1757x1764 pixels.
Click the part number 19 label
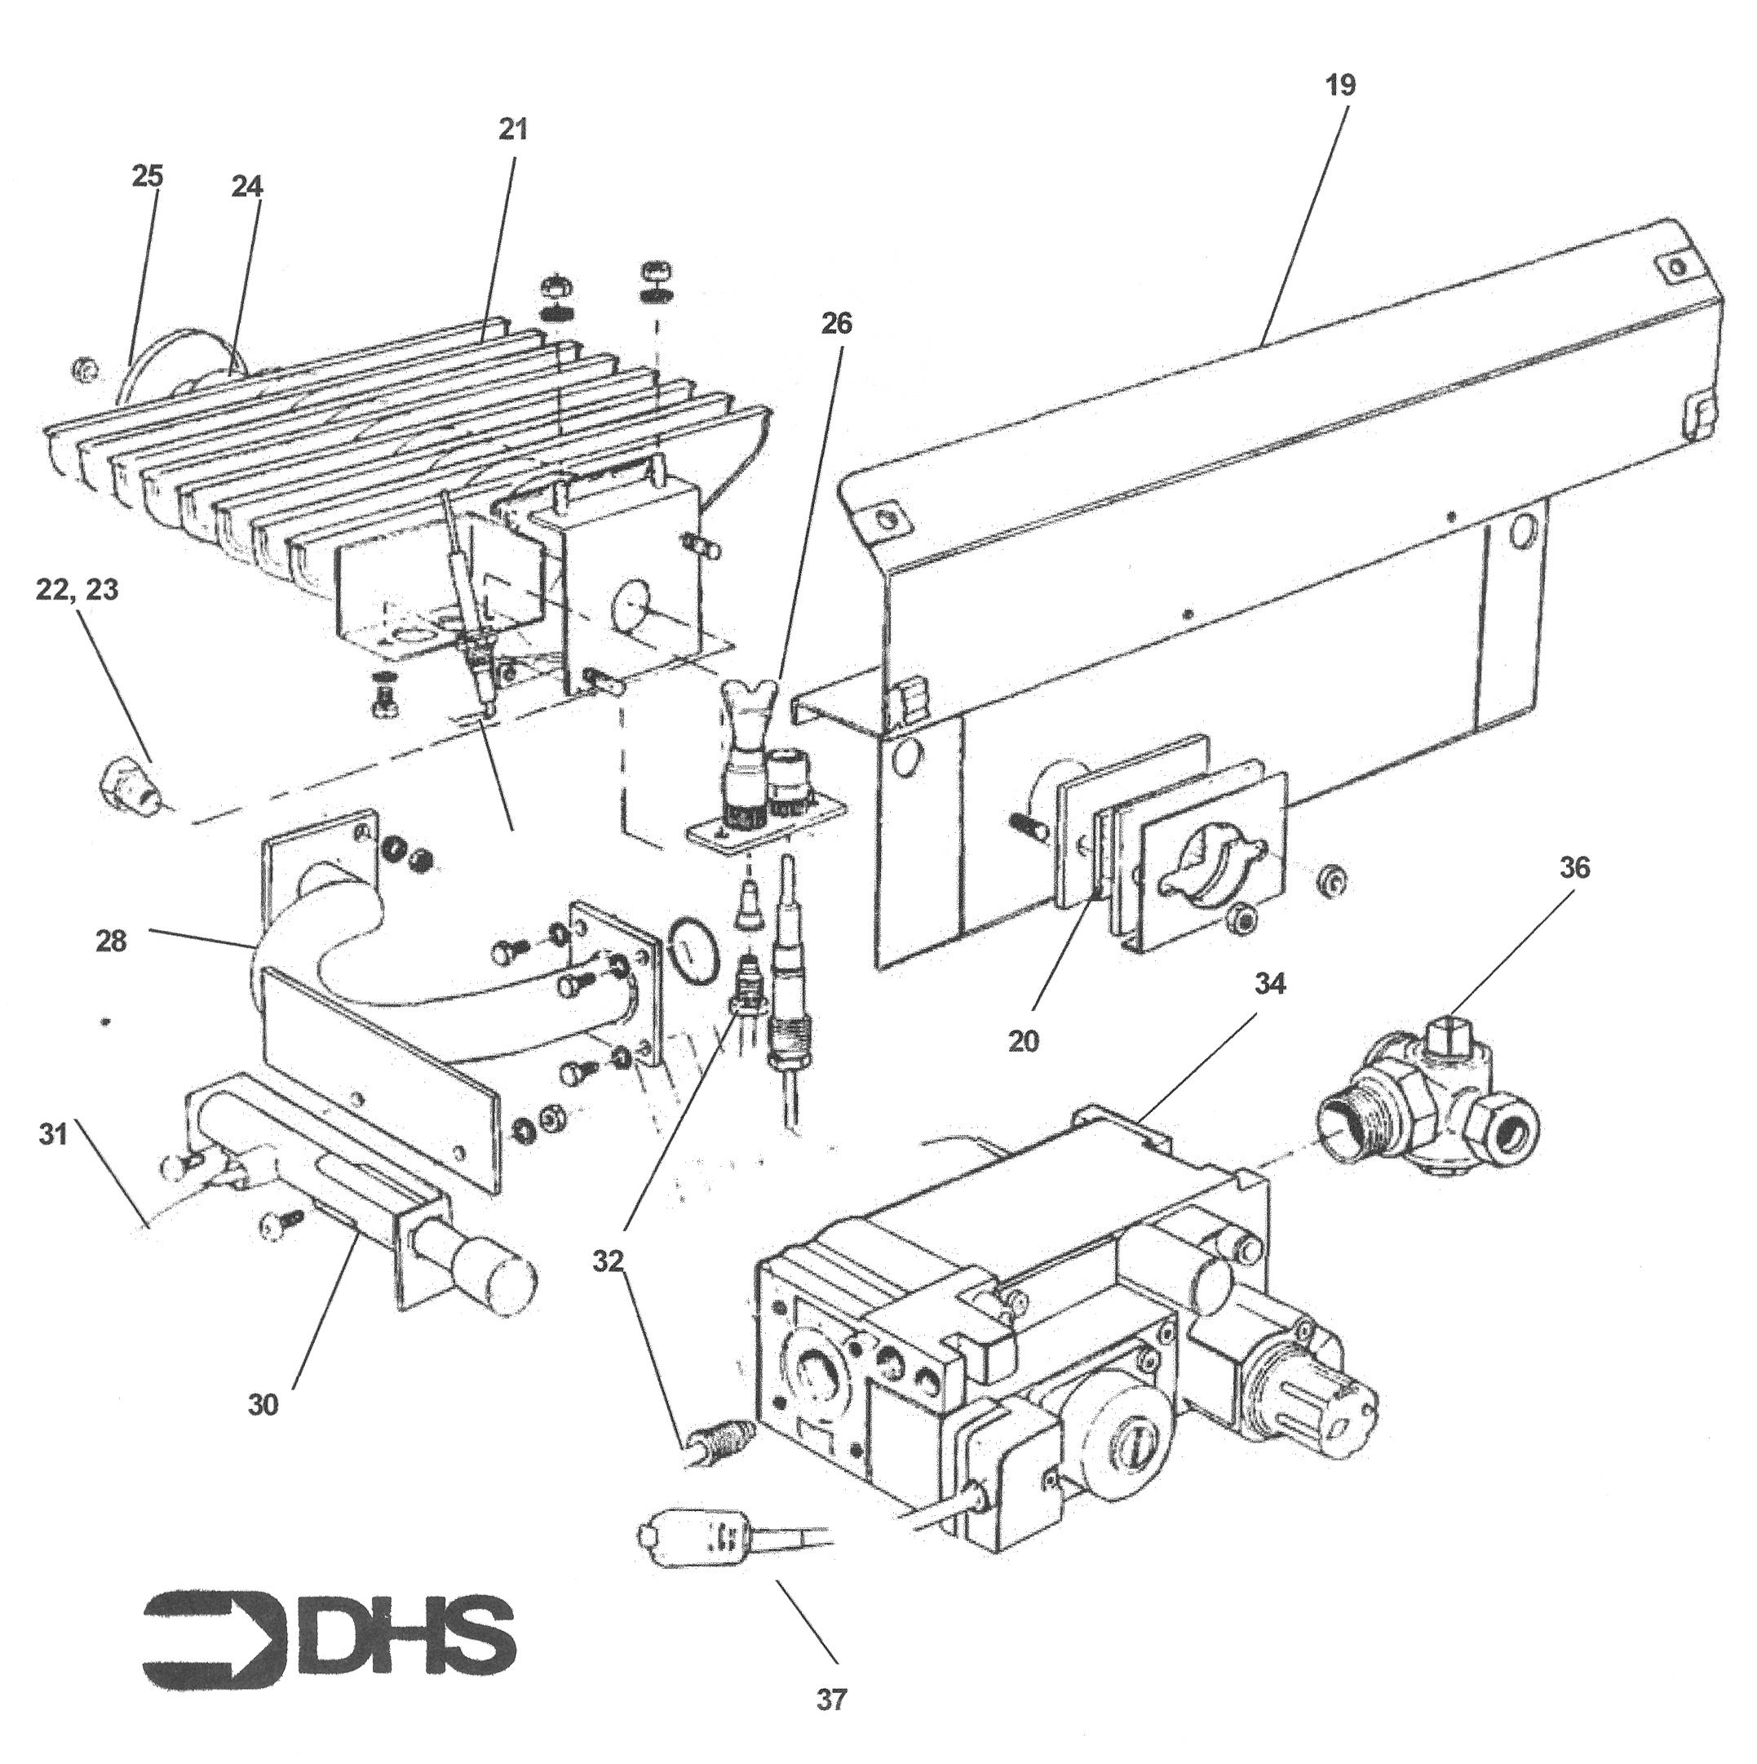pyautogui.click(x=1341, y=86)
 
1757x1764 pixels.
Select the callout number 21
pyautogui.click(x=513, y=130)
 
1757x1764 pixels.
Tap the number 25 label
pyautogui.click(x=147, y=175)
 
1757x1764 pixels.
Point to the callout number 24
pyautogui.click(x=246, y=186)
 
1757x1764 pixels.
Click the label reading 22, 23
pyautogui.click(x=77, y=590)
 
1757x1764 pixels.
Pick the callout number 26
pyautogui.click(x=836, y=323)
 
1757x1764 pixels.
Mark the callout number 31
pyautogui.click(x=54, y=1136)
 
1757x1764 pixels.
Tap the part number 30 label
pyautogui.click(x=263, y=1405)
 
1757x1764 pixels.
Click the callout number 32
pyautogui.click(x=608, y=1261)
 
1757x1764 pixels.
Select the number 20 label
pyautogui.click(x=1023, y=1042)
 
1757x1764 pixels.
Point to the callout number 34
pyautogui.click(x=1269, y=983)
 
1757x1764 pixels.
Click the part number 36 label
pyautogui.click(x=1574, y=868)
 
